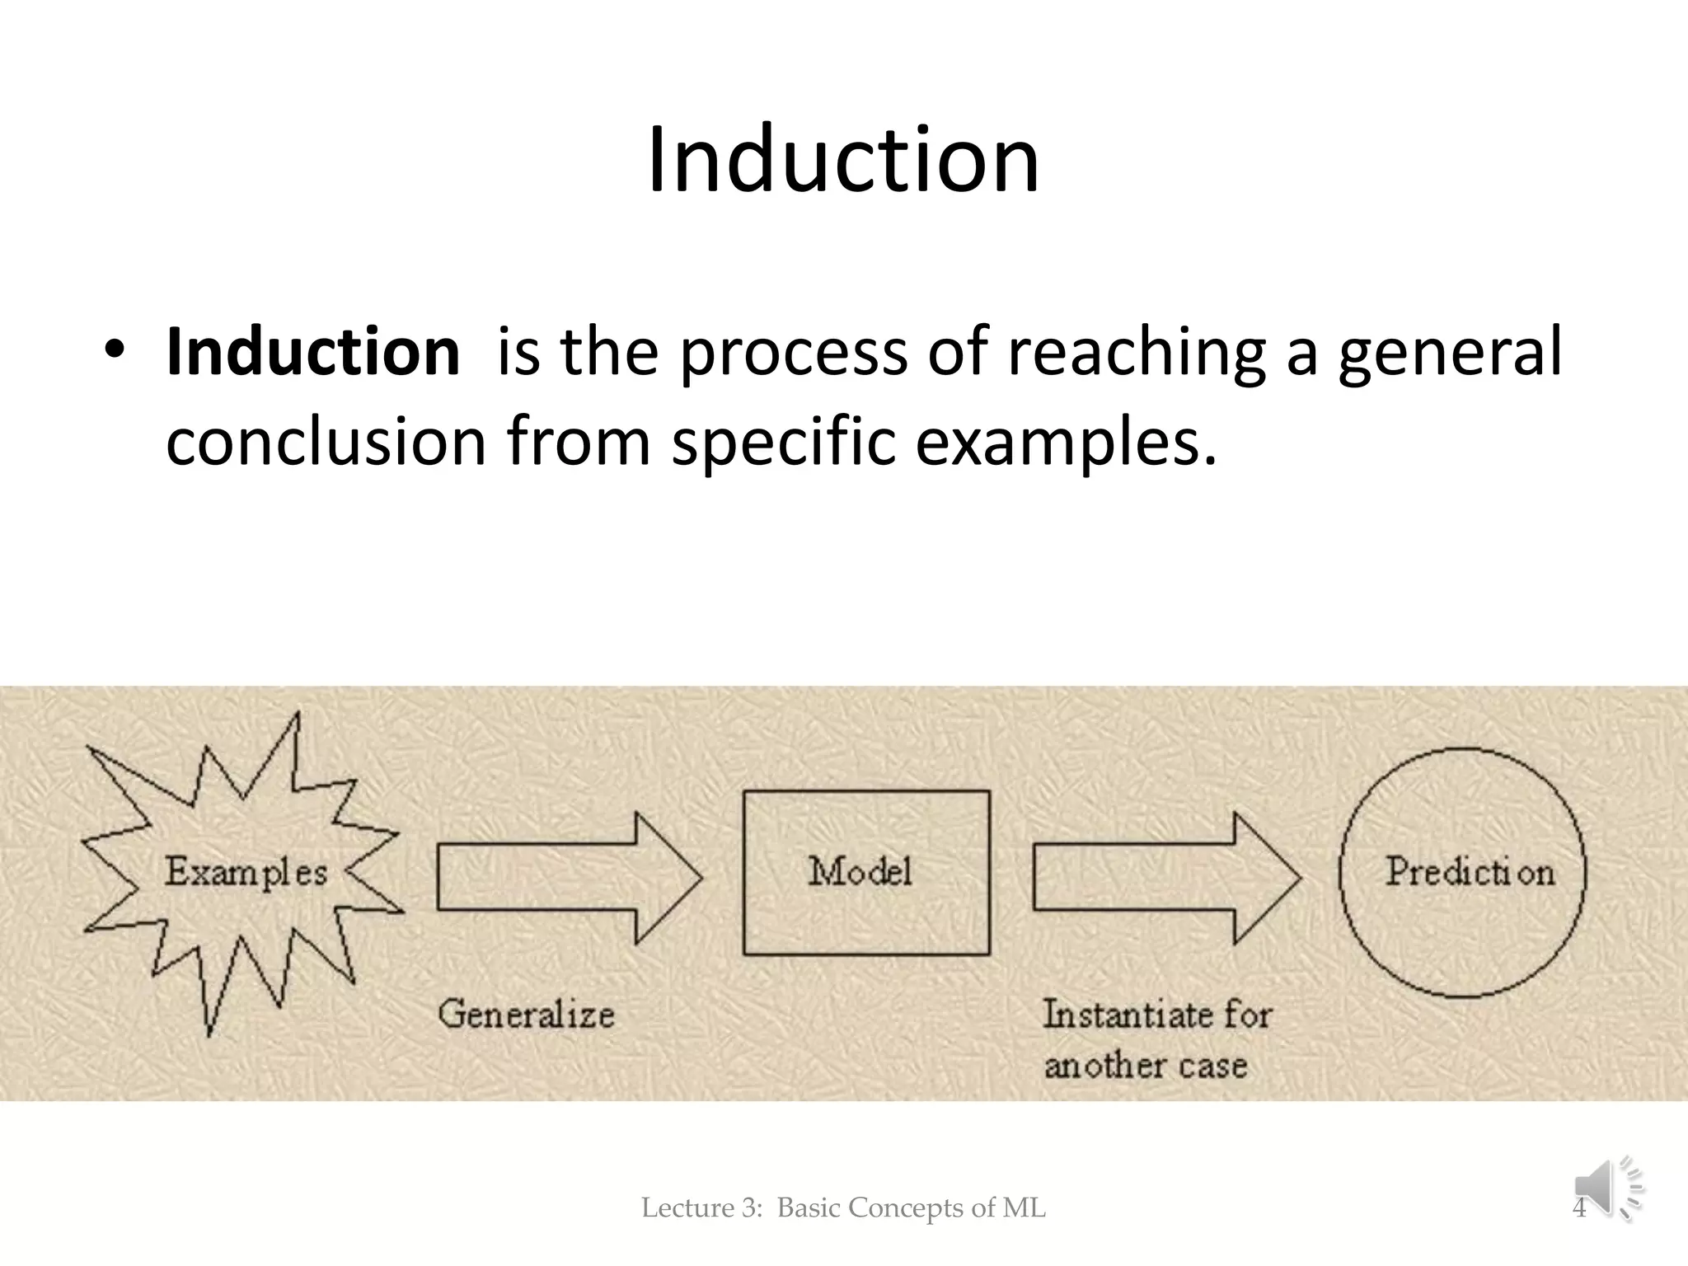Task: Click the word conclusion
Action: (326, 442)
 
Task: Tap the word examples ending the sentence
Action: (1063, 443)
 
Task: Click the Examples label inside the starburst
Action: (246, 872)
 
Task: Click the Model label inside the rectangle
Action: (860, 871)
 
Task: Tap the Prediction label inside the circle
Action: (1470, 871)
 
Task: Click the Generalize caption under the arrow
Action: (526, 1014)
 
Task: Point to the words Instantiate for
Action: (1157, 1014)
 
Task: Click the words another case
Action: (1145, 1066)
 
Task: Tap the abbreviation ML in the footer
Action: (1024, 1208)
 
